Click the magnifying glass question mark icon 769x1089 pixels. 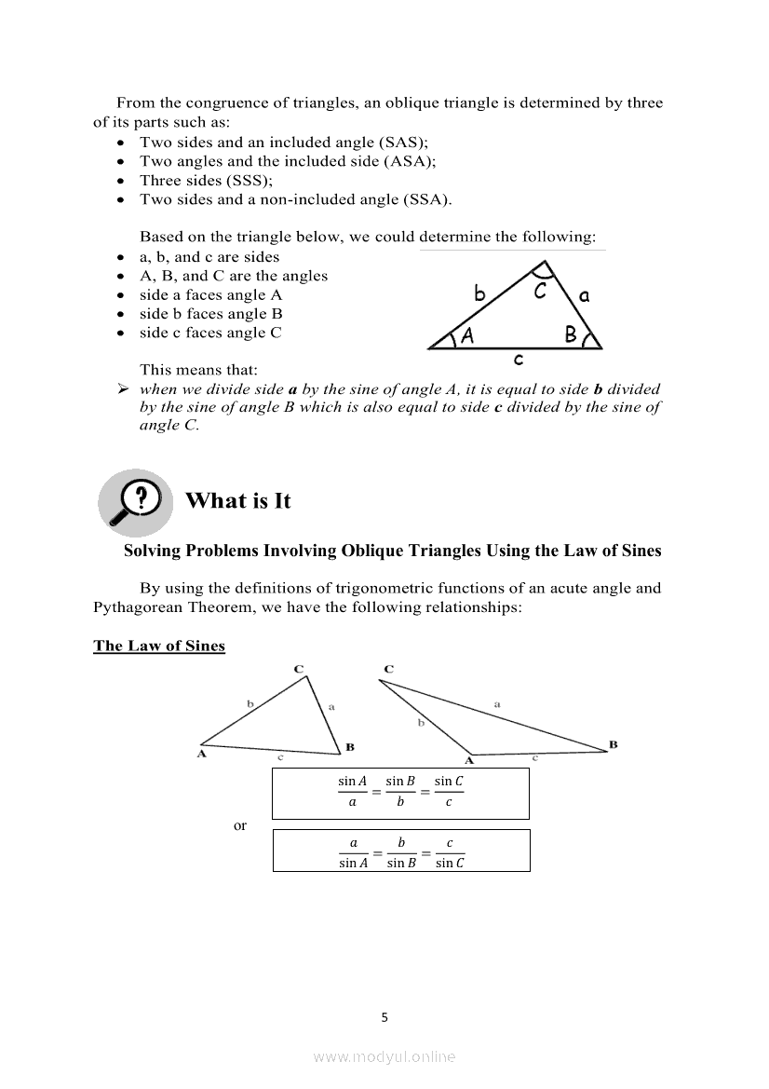[x=136, y=501]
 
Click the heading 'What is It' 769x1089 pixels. [x=238, y=501]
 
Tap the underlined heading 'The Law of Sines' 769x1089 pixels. [x=159, y=646]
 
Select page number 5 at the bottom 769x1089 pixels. [x=384, y=1017]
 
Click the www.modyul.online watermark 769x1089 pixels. [x=384, y=1056]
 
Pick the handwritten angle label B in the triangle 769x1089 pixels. [x=571, y=334]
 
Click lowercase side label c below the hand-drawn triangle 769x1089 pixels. [x=518, y=359]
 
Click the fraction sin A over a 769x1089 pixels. [x=352, y=792]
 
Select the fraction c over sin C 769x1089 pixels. [x=450, y=852]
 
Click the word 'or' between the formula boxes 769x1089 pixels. [x=240, y=825]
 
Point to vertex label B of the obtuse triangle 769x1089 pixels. [x=614, y=743]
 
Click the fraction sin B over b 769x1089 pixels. [x=400, y=792]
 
